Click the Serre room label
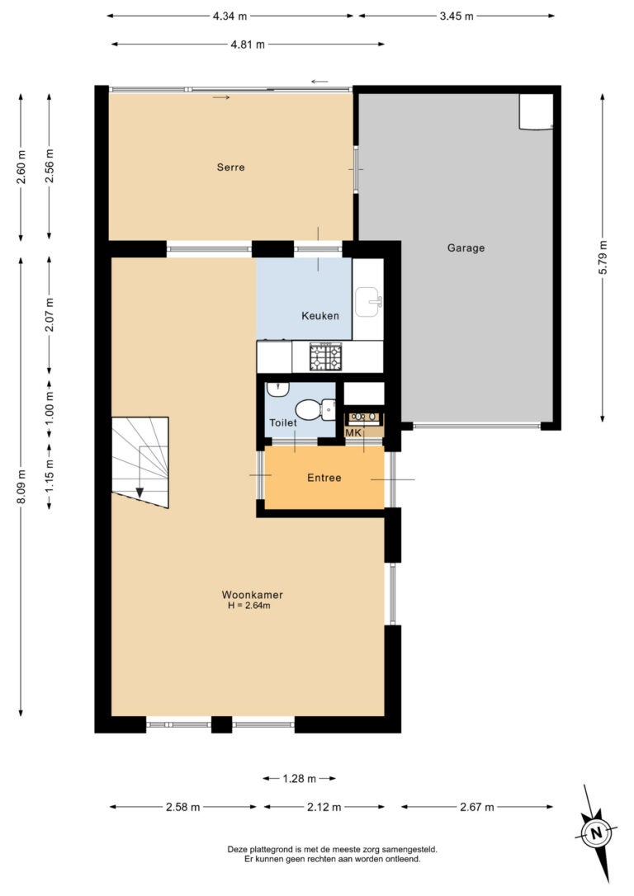click(230, 167)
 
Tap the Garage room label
click(466, 248)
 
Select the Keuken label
click(320, 315)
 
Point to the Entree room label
click(324, 478)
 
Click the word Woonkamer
click(252, 595)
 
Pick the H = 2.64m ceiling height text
click(248, 606)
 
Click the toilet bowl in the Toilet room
click(315, 409)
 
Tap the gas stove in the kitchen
click(325, 356)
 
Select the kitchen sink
click(368, 302)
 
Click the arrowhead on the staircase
click(140, 492)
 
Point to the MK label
click(353, 432)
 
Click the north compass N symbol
click(596, 832)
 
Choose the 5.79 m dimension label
click(603, 257)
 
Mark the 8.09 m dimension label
click(21, 487)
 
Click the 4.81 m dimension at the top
click(248, 45)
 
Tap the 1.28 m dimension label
click(299, 778)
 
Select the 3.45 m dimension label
click(457, 16)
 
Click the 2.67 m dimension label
click(477, 807)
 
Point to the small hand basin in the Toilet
click(278, 389)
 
